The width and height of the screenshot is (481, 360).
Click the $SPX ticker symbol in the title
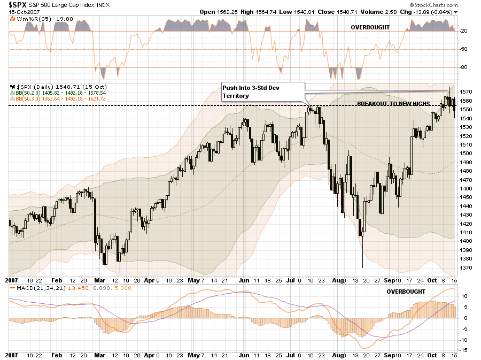tap(18, 5)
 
